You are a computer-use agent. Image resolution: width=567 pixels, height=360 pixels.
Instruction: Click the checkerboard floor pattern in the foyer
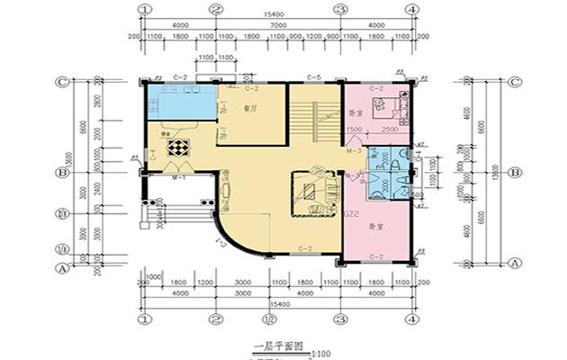pyautogui.click(x=180, y=148)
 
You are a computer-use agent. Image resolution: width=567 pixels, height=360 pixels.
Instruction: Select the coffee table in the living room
pyautogui.click(x=311, y=191)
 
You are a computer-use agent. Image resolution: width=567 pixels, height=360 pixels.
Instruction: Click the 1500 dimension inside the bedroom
pyautogui.click(x=355, y=130)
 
